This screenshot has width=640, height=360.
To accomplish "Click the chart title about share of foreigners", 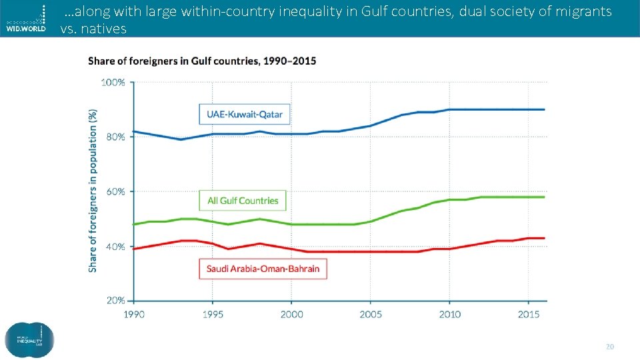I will (x=202, y=61).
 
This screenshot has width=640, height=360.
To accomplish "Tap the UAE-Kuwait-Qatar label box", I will (x=244, y=114).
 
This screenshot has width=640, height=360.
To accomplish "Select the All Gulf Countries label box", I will (x=243, y=201).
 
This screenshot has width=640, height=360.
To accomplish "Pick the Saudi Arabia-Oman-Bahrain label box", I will (x=263, y=269).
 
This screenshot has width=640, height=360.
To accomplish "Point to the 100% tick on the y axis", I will (x=113, y=82).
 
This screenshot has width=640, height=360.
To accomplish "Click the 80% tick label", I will (x=115, y=137).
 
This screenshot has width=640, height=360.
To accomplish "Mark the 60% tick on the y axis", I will (x=115, y=191).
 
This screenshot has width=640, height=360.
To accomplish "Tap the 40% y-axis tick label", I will (x=115, y=246).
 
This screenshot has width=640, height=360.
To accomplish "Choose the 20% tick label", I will (x=115, y=301).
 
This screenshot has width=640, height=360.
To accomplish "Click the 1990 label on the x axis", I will (x=133, y=313).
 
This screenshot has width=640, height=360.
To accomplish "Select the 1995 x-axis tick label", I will (x=212, y=313).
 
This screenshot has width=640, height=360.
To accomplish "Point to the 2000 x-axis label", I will (x=291, y=313).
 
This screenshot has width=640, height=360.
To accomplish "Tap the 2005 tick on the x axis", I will (x=371, y=313).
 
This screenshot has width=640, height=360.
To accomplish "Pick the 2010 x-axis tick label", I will (x=449, y=313).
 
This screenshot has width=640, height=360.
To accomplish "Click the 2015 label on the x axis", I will (x=529, y=313).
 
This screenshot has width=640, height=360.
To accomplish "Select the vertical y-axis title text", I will (x=93, y=191).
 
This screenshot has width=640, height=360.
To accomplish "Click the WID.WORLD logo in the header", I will (x=27, y=19).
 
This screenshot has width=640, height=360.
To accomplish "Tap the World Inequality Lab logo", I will (x=29, y=341).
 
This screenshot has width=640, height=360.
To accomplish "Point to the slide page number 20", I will (x=609, y=347).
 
